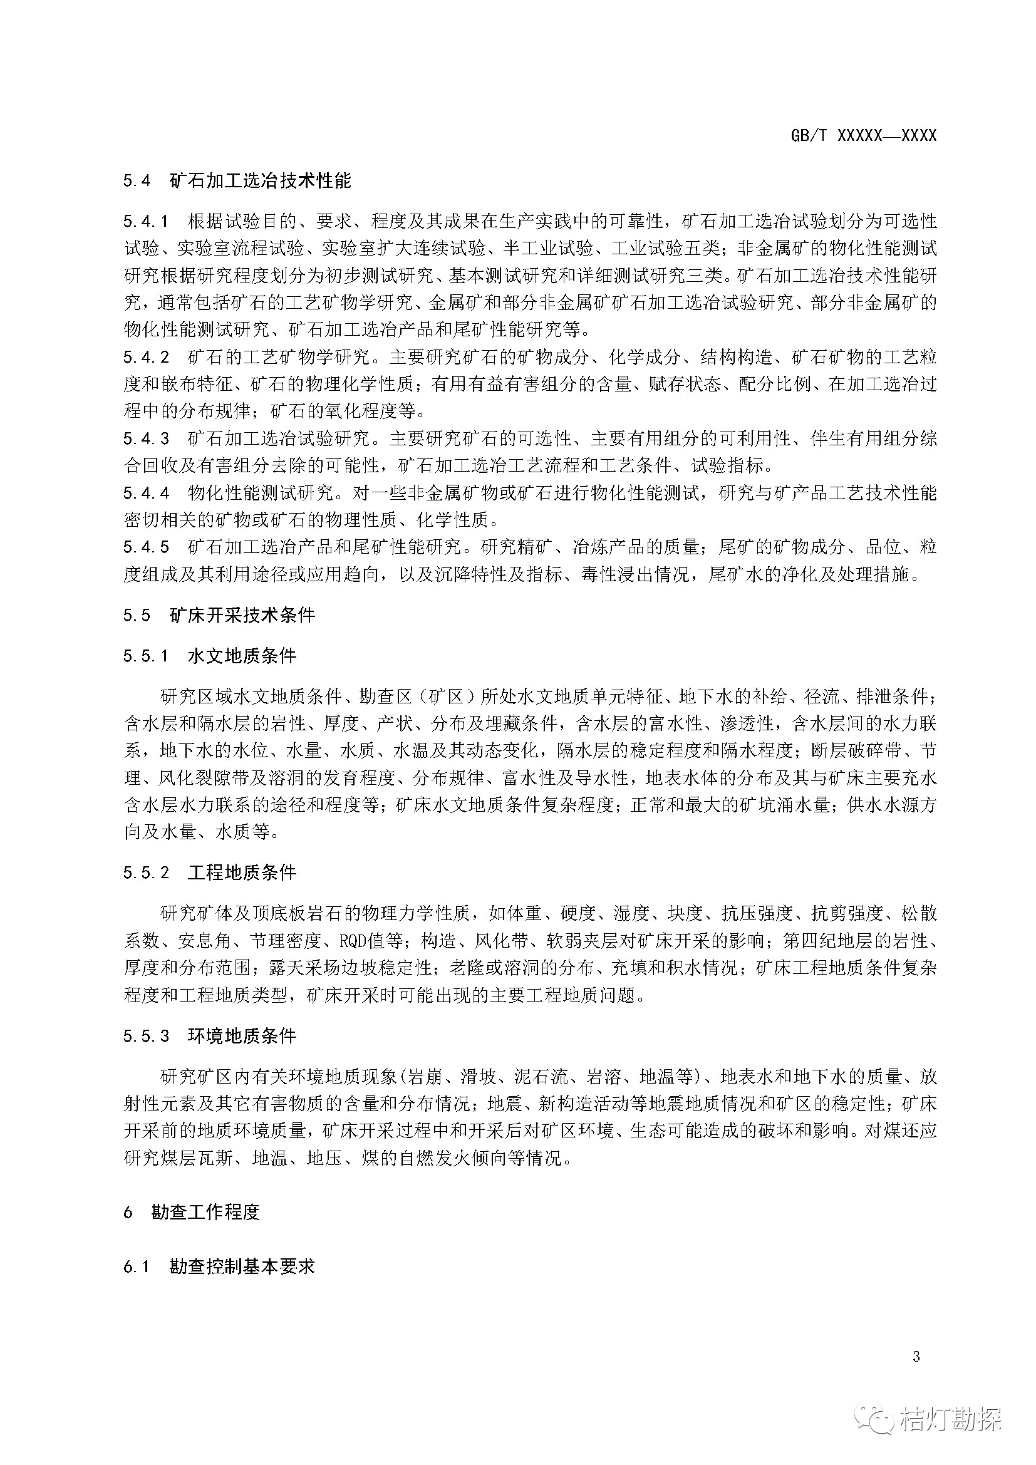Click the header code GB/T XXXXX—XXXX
863,135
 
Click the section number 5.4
137,181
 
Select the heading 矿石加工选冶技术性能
261,181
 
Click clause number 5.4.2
147,357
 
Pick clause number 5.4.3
147,439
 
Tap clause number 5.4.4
147,493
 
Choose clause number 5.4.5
147,547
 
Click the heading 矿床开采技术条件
242,615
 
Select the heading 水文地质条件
242,656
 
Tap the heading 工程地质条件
242,873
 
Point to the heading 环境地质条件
242,1035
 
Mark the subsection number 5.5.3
147,1035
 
